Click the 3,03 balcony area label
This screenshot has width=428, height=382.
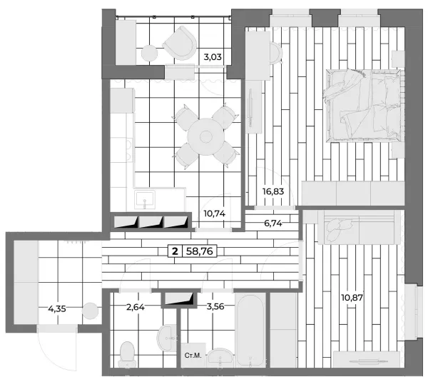[213, 57]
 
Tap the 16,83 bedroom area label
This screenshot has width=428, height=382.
[273, 191]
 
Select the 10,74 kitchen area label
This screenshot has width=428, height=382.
[215, 213]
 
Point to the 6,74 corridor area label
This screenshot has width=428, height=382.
[273, 223]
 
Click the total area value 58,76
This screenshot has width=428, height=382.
[199, 251]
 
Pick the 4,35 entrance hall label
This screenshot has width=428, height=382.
[57, 309]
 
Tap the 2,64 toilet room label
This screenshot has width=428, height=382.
[136, 307]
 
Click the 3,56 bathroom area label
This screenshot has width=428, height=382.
[215, 306]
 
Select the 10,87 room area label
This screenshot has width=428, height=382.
[352, 297]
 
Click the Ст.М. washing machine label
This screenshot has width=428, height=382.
[193, 355]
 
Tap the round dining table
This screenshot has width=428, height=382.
[206, 136]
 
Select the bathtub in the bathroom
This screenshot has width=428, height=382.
[250, 331]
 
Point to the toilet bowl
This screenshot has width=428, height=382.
[127, 354]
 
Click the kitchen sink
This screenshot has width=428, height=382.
[145, 199]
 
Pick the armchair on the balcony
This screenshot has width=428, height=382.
[180, 43]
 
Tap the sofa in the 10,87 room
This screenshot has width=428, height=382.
[360, 227]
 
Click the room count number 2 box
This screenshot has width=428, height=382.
[175, 251]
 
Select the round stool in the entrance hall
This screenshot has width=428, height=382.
[90, 311]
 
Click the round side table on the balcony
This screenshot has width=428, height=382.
[149, 53]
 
